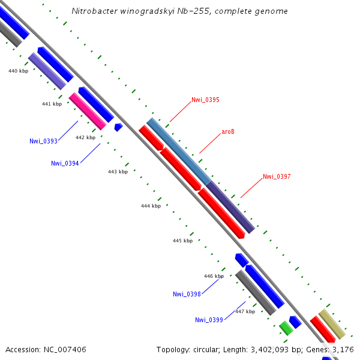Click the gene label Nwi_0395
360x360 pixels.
(205, 100)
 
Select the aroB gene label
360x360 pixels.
(228, 131)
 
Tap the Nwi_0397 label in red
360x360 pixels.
(277, 176)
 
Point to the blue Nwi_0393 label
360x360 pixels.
(43, 141)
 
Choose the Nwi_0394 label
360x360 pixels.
(65, 163)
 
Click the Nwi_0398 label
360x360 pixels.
(187, 294)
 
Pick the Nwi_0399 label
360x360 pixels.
(209, 320)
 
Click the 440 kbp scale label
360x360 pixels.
(18, 71)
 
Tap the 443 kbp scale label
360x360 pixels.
(118, 172)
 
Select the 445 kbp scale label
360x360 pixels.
(182, 241)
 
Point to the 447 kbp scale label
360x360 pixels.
(245, 311)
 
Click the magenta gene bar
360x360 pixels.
(88, 111)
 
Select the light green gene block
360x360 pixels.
(286, 328)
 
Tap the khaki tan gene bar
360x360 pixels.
(332, 324)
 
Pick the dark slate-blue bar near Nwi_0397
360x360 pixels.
(230, 206)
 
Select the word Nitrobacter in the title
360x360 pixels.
(90, 11)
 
